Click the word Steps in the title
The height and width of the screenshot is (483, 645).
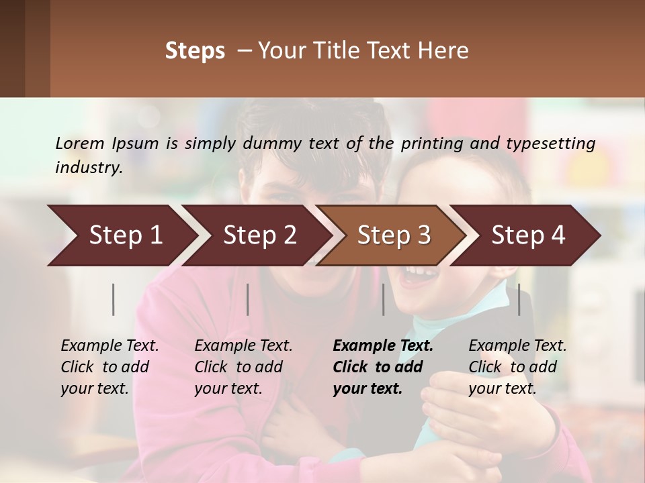point(195,51)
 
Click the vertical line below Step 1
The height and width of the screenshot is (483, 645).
point(114,299)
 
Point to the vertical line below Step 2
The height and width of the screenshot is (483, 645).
point(248,299)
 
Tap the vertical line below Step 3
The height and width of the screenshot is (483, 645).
point(384,299)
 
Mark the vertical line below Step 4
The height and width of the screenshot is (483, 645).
point(519,299)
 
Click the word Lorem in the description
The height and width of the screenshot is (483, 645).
point(80,144)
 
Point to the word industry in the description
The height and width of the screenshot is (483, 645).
point(88,168)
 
